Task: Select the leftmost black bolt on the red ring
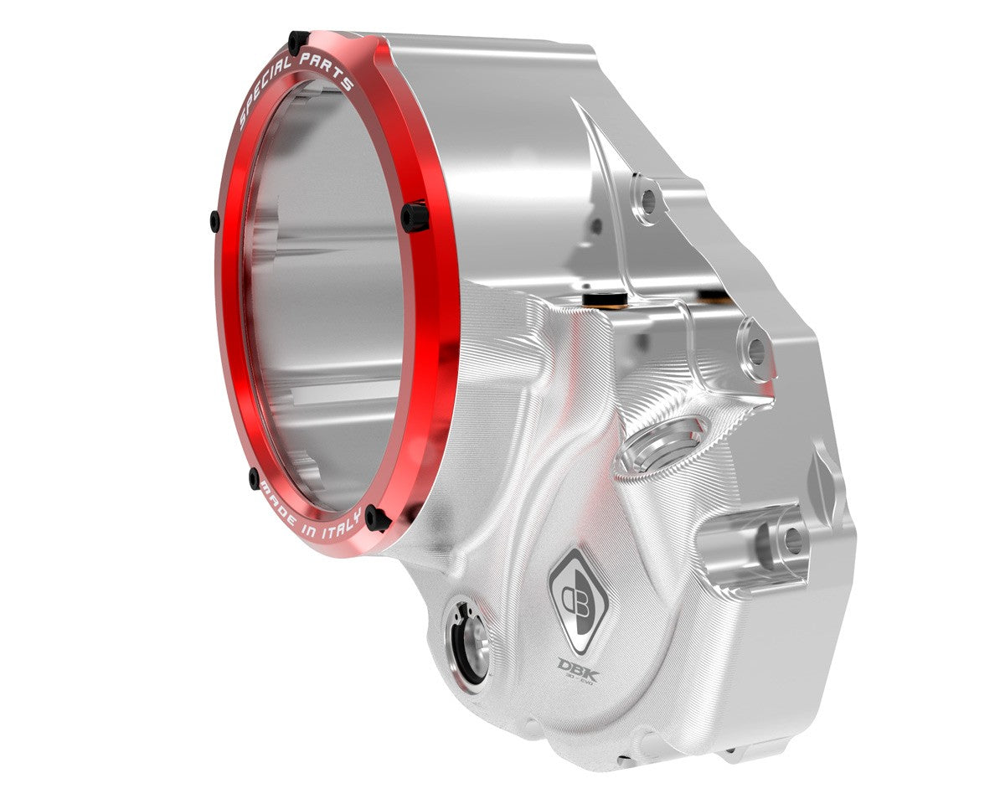215,221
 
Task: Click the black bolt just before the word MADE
254,478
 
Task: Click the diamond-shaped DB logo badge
580,597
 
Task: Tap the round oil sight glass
470,646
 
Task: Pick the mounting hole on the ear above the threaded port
756,351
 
